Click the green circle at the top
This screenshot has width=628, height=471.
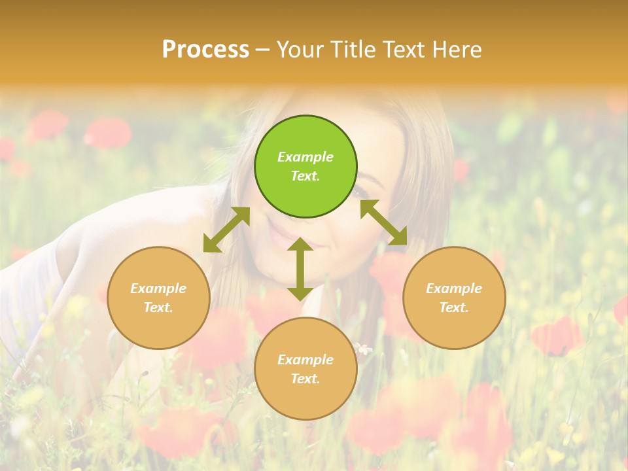click(305, 166)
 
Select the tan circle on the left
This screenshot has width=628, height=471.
click(158, 298)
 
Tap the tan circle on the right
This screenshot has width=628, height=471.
click(454, 298)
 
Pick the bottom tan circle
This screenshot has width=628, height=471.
click(305, 369)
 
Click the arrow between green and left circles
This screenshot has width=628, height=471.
click(226, 230)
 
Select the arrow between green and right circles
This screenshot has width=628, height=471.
click(384, 222)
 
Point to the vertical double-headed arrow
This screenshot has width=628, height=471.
click(300, 269)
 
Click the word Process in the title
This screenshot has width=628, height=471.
click(205, 50)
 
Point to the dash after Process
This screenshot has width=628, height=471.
click(262, 50)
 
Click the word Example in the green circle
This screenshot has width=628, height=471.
click(305, 157)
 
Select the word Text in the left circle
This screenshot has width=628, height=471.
click(158, 307)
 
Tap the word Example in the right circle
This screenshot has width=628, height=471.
click(454, 288)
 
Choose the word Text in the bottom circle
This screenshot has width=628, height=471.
click(305, 379)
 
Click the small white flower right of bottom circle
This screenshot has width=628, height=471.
click(364, 349)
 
